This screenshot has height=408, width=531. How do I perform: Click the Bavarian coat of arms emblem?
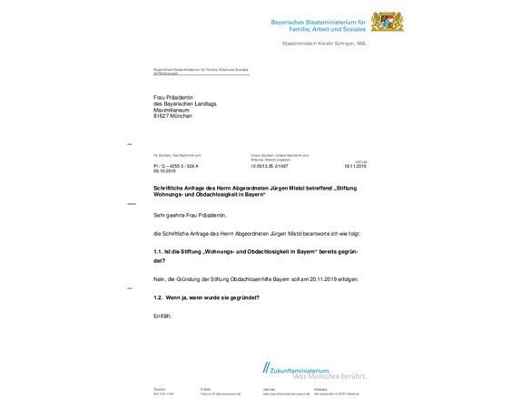pos(386,21)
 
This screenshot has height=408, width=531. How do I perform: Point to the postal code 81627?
pos(162,117)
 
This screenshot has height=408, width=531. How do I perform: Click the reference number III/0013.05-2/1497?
pos(270,166)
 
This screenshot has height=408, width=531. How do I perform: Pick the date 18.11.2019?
pos(354,166)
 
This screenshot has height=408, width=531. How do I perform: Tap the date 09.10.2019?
pos(163,171)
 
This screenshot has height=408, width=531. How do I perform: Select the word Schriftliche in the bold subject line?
pos(172,188)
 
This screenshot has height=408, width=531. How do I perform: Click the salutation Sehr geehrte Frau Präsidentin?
pos(190,215)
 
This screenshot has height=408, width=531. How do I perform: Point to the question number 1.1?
pos(158,251)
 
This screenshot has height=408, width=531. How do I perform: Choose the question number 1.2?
pos(158,297)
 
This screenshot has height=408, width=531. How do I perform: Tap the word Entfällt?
pos(162,316)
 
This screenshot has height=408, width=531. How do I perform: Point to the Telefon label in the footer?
pos(160,389)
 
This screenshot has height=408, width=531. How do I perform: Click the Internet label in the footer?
pos(269,389)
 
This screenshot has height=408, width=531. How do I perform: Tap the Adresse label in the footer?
pos(320,389)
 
